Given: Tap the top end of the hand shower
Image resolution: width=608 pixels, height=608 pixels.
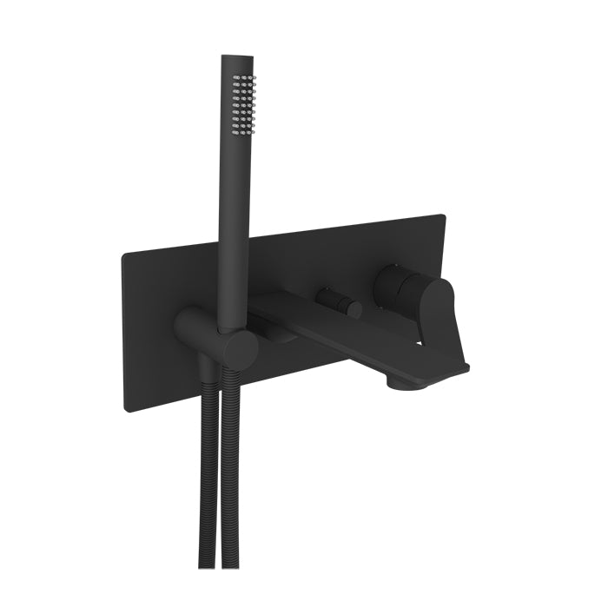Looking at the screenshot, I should [x=235, y=59].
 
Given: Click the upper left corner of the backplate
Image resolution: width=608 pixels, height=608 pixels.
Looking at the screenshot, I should [x=125, y=253].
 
